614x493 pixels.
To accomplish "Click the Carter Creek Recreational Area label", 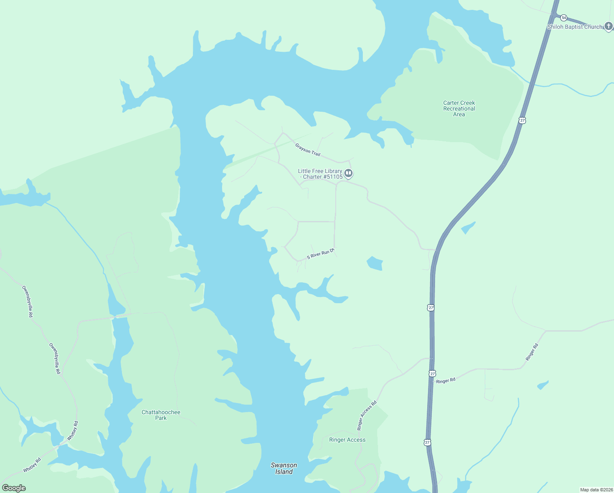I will [459, 109].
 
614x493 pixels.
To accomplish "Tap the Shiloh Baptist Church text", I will [575, 27].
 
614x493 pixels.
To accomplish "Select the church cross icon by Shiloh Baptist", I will [609, 27].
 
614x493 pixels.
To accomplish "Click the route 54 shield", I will [564, 18].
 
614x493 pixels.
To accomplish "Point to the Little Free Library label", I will [320, 174].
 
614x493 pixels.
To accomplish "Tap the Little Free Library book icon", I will [348, 173].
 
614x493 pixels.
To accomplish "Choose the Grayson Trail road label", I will [307, 149].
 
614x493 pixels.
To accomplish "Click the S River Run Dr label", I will [321, 254].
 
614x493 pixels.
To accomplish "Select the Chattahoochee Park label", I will [161, 415].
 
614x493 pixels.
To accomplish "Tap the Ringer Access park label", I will [347, 440].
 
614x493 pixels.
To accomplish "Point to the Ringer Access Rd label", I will [367, 416].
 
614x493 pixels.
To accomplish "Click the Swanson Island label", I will [284, 468].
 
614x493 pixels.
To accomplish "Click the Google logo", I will [14, 488].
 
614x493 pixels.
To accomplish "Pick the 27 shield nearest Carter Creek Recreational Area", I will [522, 120].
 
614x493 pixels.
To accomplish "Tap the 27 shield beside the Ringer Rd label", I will [432, 373].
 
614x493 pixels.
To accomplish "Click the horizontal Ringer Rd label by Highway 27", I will [446, 381].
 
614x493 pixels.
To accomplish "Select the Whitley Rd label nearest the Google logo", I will [32, 465].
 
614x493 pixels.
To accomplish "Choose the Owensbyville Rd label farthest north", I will [27, 302].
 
